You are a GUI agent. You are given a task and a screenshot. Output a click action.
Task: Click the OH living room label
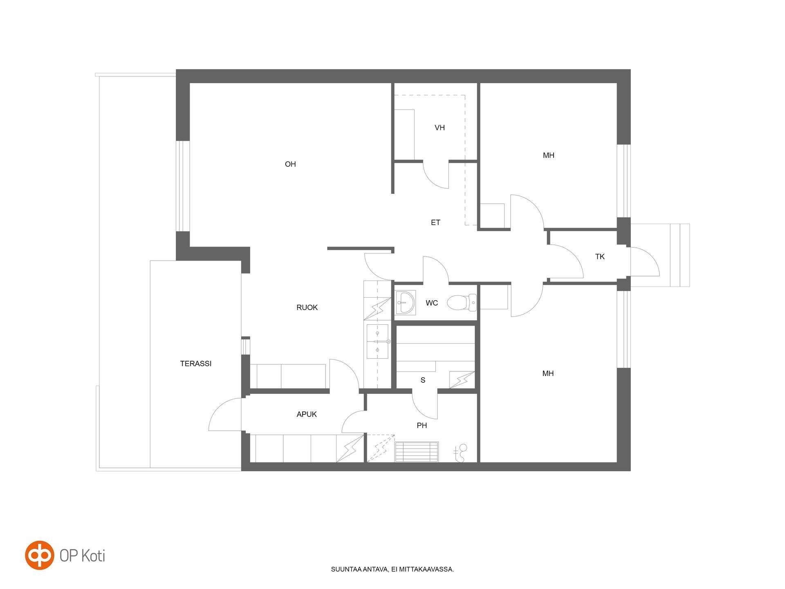coord(290,164)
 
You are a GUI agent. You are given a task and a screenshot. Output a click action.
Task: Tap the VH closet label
coord(440,128)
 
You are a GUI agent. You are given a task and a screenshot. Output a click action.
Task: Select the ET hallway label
coord(435,223)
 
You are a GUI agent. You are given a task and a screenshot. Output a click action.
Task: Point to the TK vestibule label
coord(600,257)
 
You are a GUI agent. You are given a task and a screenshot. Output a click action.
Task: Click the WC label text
coord(432,303)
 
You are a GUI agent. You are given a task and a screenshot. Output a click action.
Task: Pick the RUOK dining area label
coord(307,308)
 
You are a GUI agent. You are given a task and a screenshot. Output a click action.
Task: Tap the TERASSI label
coord(196,364)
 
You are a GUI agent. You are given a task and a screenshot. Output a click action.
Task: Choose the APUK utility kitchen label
coord(307,414)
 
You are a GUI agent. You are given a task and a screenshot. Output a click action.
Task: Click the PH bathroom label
coord(422,426)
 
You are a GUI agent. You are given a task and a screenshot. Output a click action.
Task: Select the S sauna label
coord(423,380)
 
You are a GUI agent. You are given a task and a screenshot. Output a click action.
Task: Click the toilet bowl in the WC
coord(462,303)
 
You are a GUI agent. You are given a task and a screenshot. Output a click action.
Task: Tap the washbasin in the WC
coord(406,303)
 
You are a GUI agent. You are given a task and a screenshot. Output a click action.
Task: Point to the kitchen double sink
coord(377,342)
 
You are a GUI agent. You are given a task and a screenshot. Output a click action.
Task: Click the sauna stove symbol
coord(462,380)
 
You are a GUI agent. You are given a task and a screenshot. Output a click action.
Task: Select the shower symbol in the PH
coord(461,453)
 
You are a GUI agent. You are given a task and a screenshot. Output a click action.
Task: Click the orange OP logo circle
coord(40,555)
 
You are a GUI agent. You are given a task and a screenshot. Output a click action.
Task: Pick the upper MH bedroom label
coord(549,155)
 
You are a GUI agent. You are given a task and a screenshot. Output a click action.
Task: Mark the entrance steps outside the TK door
coord(679,255)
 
